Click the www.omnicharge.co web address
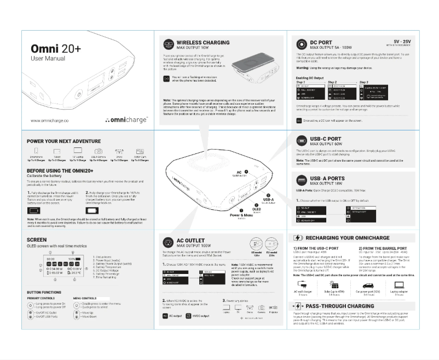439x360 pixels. [49, 120]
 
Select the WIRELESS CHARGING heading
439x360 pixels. [203, 42]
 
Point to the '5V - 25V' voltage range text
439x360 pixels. [402, 41]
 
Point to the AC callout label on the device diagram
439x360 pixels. [240, 173]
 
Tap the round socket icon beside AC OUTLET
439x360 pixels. [167, 241]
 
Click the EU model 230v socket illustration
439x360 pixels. [271, 242]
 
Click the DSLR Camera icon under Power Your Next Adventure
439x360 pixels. [99, 151]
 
